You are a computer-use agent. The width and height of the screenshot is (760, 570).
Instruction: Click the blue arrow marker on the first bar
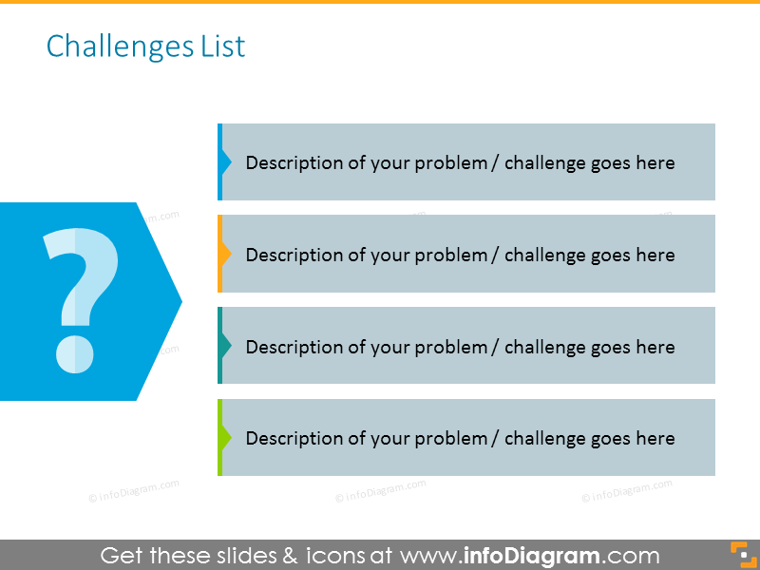tap(224, 162)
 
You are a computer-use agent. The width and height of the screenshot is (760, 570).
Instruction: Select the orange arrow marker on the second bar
tap(224, 255)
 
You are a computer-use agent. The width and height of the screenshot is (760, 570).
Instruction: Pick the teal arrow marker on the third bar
tap(224, 346)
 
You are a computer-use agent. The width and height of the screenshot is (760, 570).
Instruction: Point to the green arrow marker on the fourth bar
tap(224, 438)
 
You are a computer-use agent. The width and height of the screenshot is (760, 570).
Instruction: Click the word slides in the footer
tap(238, 555)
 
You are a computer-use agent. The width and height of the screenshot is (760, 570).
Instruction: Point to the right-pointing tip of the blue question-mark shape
tap(180, 301)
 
